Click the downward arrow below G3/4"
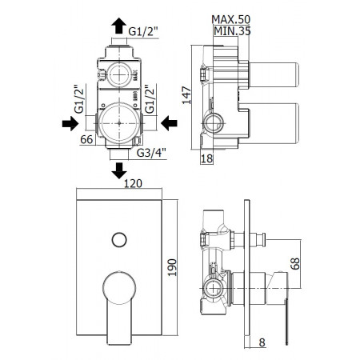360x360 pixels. pos(120,169)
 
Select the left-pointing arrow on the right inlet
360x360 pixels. pos(167,122)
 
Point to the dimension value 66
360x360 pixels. pos(90,139)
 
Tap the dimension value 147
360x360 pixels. pos(184,96)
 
